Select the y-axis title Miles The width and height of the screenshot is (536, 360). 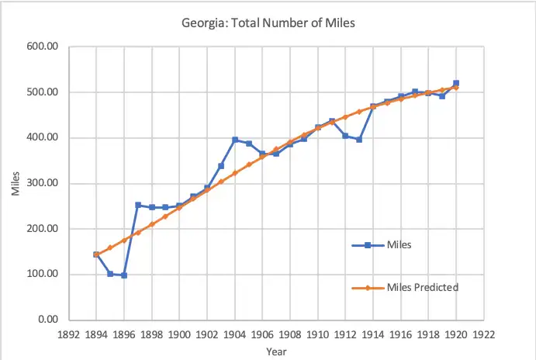[x=16, y=182]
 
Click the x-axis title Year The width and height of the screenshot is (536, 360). [x=276, y=351]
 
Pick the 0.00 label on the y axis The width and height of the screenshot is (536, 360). [x=49, y=320]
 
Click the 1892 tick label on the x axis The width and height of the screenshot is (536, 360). [x=69, y=334]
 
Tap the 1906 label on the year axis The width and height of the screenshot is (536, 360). [x=262, y=334]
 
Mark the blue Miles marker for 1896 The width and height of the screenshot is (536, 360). [x=124, y=275]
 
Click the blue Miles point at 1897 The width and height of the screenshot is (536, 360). [x=138, y=205]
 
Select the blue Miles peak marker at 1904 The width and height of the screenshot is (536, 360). [x=235, y=140]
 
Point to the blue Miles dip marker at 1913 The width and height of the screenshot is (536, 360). [x=359, y=140]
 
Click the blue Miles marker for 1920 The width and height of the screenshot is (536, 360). [x=456, y=83]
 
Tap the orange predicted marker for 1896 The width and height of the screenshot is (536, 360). [x=124, y=240]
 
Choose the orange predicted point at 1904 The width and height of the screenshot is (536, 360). [x=235, y=173]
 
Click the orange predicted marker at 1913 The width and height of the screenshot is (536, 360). [x=359, y=112]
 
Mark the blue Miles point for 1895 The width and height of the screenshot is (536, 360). [x=110, y=274]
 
